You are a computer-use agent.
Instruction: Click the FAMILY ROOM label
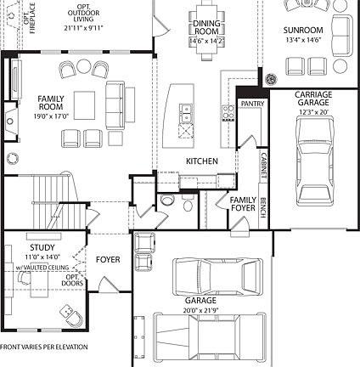[51, 104]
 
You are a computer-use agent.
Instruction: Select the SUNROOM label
[302, 30]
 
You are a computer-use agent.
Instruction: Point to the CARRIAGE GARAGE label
[312, 99]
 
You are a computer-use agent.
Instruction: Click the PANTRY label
[252, 103]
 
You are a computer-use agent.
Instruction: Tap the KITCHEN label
[203, 161]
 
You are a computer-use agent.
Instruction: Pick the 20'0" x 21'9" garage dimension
[200, 310]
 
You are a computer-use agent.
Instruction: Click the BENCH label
[263, 207]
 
